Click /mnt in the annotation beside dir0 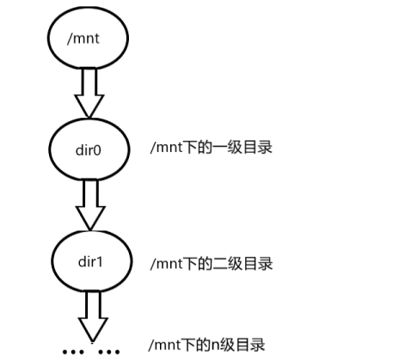pyautogui.click(x=168, y=148)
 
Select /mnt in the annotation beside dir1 pyautogui.click(x=168, y=262)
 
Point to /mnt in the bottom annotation pyautogui.click(x=168, y=345)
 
